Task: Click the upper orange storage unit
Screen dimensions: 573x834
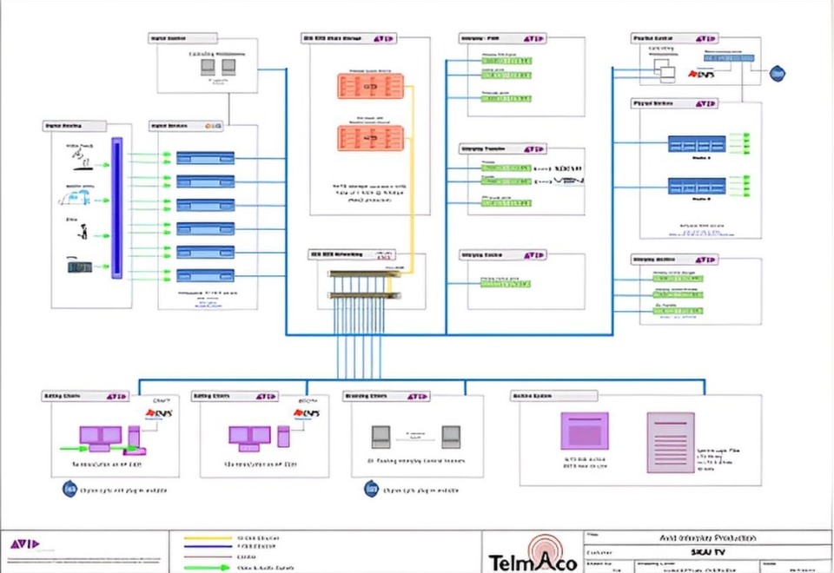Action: click(371, 87)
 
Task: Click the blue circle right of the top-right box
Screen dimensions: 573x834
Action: click(778, 74)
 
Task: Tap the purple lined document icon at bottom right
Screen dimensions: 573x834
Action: click(671, 443)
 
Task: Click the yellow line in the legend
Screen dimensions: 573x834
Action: click(209, 538)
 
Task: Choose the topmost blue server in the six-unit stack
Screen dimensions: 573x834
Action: click(206, 157)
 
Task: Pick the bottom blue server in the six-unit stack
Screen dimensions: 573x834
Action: click(206, 275)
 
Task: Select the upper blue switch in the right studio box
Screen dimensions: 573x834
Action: click(697, 144)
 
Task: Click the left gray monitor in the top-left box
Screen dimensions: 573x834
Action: click(207, 66)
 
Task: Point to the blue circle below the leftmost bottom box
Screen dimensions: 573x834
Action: click(70, 490)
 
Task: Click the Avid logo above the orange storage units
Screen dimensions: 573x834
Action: click(384, 39)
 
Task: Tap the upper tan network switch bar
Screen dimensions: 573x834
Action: click(360, 275)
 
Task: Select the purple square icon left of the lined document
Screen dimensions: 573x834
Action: click(585, 431)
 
